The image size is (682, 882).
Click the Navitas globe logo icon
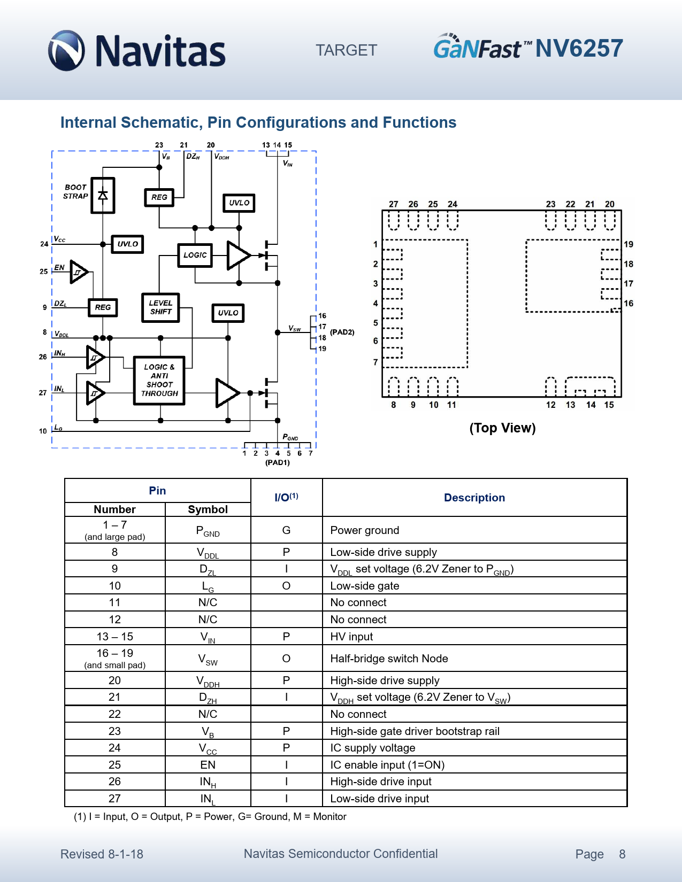[66, 51]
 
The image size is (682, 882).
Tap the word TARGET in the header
[346, 50]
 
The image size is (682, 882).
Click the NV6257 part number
[579, 49]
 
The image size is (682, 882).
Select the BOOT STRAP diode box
[103, 196]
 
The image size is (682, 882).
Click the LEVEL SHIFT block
[160, 307]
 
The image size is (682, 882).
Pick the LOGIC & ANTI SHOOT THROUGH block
[159, 381]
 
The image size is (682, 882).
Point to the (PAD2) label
[342, 332]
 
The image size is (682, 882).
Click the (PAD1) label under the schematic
[277, 462]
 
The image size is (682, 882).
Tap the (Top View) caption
[502, 428]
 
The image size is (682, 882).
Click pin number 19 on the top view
[629, 244]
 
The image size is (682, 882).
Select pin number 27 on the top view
[393, 204]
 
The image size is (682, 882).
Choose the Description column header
[474, 498]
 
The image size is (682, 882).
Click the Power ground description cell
[364, 530]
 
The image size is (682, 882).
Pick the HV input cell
[351, 637]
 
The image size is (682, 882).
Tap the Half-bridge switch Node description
[389, 659]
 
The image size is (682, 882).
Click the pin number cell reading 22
[114, 714]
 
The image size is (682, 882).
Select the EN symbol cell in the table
[208, 765]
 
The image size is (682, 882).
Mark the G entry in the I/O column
[286, 530]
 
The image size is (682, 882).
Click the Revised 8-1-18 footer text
[102, 854]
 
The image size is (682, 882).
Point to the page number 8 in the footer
[622, 854]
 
